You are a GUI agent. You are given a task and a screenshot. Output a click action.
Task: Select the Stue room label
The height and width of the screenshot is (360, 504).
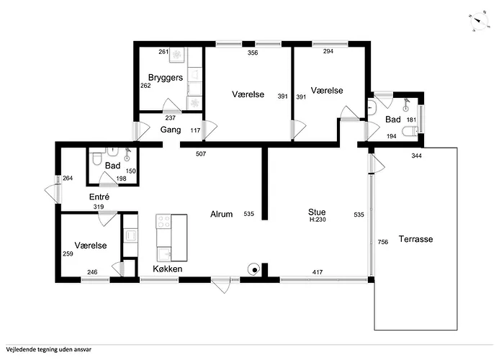click(x=317, y=212)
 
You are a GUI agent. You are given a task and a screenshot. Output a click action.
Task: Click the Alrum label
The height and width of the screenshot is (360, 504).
click(x=221, y=214)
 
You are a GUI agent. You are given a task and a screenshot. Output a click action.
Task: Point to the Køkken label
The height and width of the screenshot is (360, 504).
click(x=167, y=269)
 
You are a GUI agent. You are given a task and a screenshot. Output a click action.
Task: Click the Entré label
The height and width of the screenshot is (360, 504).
click(x=99, y=197)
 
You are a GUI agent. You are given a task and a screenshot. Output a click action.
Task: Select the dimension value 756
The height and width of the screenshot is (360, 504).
click(x=383, y=243)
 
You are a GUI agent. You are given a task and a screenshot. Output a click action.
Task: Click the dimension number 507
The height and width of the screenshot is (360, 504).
click(x=202, y=153)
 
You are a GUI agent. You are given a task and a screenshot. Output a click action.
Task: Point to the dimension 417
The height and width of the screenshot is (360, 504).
click(x=317, y=271)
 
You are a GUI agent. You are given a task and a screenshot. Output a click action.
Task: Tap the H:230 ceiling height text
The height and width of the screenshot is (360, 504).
click(x=317, y=220)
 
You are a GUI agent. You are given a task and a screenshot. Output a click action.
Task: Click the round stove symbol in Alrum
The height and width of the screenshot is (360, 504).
click(x=253, y=271)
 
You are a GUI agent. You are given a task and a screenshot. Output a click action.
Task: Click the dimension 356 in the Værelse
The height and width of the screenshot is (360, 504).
click(x=253, y=53)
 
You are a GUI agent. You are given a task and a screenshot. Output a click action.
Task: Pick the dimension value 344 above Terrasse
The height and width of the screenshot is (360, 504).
click(x=416, y=156)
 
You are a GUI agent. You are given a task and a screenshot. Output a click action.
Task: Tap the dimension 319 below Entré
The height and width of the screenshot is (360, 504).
click(x=99, y=207)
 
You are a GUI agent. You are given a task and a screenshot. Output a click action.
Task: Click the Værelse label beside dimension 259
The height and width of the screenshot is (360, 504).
click(x=91, y=246)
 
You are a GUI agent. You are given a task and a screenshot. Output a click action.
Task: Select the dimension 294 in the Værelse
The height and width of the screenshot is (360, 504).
click(x=328, y=53)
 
